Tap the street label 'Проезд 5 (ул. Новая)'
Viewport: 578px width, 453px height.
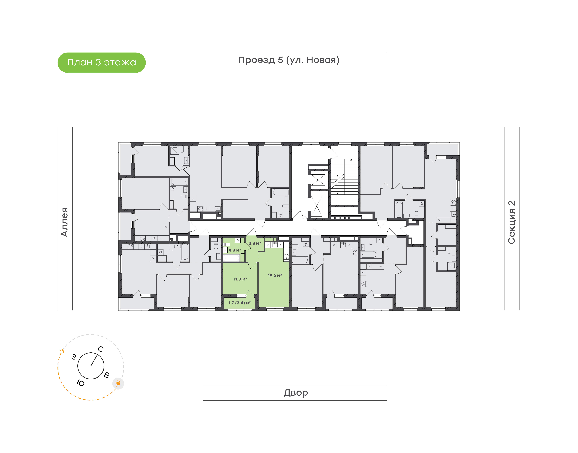[289, 60]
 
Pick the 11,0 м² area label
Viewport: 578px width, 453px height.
[240, 279]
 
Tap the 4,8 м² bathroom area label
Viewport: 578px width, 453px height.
[235, 250]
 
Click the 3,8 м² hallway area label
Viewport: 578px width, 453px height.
[255, 243]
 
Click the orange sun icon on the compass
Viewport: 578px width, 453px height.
[118, 384]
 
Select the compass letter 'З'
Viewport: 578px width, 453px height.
[74, 357]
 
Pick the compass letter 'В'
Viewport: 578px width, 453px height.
[106, 375]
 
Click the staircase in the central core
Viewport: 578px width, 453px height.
[344, 177]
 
